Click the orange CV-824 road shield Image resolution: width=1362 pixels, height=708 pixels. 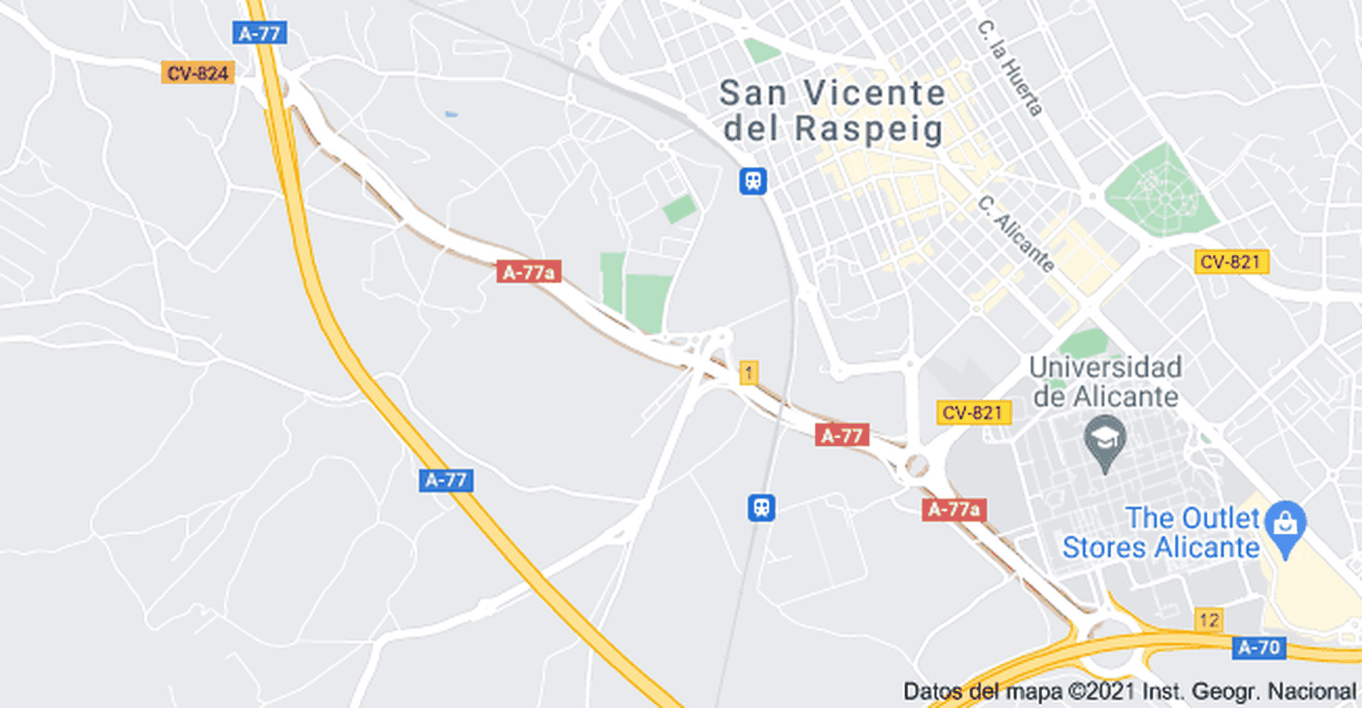click(x=197, y=73)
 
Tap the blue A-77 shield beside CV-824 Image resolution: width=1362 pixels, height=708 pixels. click(x=260, y=33)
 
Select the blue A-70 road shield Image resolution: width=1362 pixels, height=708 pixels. click(x=1258, y=648)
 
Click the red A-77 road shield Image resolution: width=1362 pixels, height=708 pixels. click(x=841, y=436)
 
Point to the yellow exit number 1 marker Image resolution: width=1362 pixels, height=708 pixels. click(x=748, y=372)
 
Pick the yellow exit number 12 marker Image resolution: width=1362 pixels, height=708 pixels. click(x=1209, y=619)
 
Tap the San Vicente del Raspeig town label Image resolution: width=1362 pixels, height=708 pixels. click(x=832, y=111)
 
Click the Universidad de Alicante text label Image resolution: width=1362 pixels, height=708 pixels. click(x=1105, y=381)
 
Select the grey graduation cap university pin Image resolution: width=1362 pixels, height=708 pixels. click(x=1105, y=441)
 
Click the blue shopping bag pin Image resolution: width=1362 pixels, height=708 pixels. click(x=1285, y=524)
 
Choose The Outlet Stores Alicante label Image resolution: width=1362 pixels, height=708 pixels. click(x=1161, y=533)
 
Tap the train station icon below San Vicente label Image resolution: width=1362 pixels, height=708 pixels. click(x=753, y=180)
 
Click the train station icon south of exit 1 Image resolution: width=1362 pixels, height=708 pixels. click(x=761, y=508)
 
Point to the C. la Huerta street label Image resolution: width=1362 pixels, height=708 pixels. click(x=1010, y=68)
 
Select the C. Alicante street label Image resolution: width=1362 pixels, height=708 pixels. click(x=1016, y=233)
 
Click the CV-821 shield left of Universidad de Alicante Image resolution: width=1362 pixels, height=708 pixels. click(x=973, y=413)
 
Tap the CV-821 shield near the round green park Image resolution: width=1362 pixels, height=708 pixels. click(x=1231, y=261)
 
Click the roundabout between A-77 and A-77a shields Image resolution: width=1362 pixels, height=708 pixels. click(x=916, y=465)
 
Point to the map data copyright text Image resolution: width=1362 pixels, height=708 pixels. click(x=1129, y=692)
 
